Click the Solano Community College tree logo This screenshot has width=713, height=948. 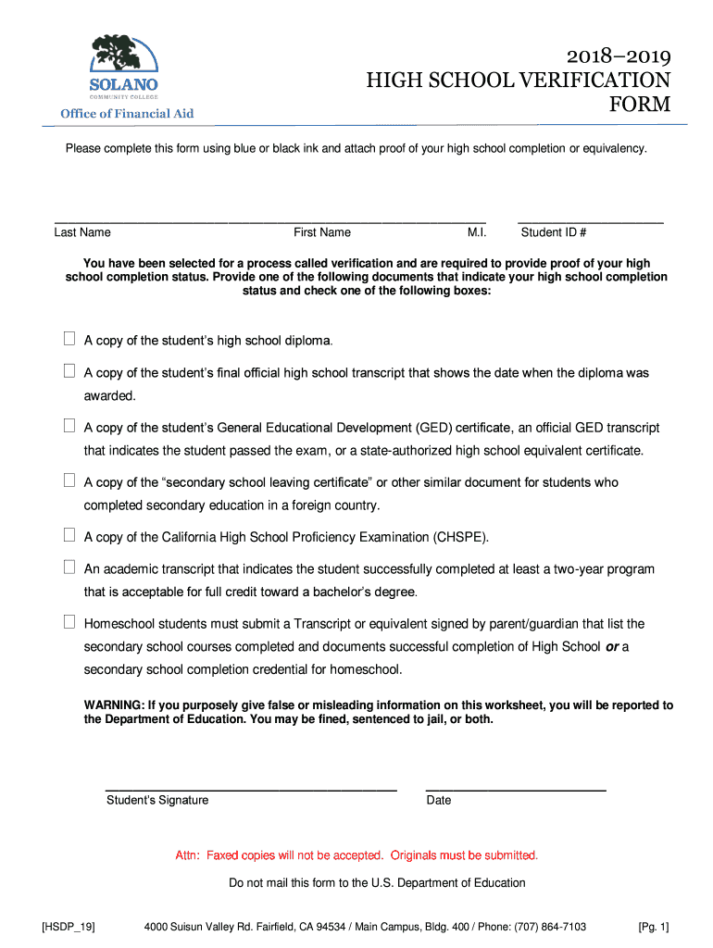point(123,54)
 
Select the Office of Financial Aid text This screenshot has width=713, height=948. point(127,114)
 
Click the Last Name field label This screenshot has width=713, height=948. point(82,232)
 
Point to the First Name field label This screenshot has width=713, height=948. point(322,232)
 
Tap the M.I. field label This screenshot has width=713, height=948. point(478,232)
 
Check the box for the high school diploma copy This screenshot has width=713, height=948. point(69,339)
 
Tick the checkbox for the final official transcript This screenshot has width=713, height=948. point(69,371)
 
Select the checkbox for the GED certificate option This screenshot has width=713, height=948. point(69,426)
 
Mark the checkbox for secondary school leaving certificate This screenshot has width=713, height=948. point(69,480)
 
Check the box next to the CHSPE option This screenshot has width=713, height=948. point(69,535)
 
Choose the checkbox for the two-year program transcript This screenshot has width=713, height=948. point(69,568)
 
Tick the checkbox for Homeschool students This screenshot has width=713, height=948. point(69,622)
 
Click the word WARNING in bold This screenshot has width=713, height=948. point(114,705)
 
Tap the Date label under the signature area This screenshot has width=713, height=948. point(439,800)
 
